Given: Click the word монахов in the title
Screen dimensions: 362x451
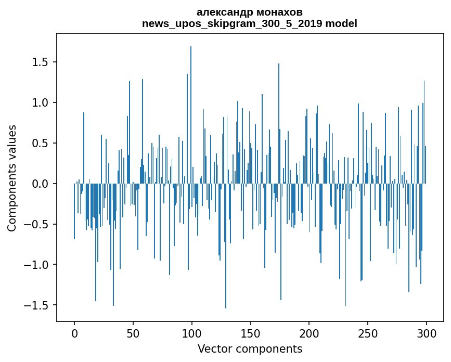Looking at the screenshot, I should [x=278, y=12].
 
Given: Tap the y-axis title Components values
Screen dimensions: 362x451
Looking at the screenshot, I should [x=12, y=178].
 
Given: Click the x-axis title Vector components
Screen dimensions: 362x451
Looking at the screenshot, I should [x=250, y=348].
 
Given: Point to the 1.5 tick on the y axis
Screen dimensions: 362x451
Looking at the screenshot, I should [x=42, y=62].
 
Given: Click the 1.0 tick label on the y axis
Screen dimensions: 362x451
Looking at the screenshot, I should [x=42, y=103].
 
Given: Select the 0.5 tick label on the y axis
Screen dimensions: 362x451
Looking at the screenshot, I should [x=42, y=144].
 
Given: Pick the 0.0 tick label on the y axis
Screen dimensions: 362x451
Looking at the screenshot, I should [x=42, y=184].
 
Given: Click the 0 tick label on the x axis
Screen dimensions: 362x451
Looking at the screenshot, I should [x=74, y=332].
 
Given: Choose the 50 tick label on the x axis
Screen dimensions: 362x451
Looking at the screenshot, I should [x=133, y=332].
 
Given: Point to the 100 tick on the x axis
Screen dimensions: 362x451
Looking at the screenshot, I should [x=192, y=332].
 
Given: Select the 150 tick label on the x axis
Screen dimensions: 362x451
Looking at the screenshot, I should [x=251, y=332].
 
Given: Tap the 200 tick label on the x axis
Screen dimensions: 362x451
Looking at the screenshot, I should [x=310, y=332].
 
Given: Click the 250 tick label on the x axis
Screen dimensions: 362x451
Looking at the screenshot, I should [x=368, y=332].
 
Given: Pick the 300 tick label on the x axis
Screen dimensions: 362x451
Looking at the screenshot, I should [x=427, y=332].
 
